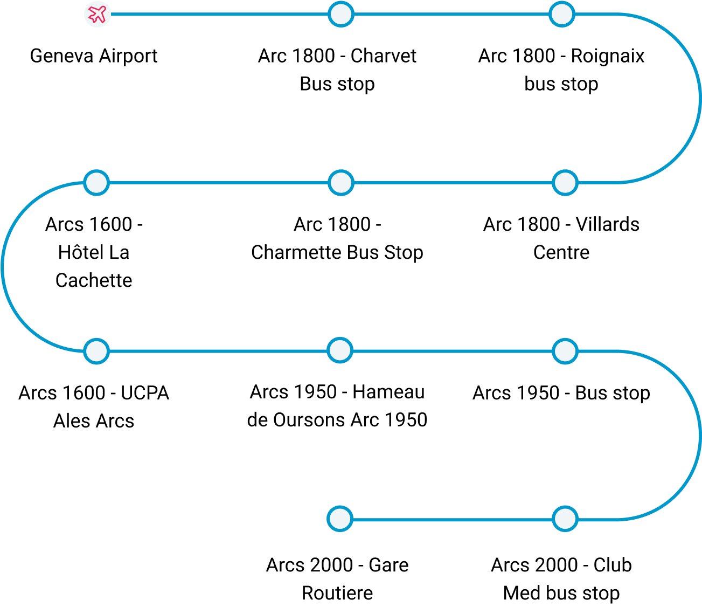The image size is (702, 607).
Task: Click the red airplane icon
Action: [97, 14]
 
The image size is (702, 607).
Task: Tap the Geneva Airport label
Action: [94, 56]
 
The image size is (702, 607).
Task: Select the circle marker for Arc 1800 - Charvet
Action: [341, 14]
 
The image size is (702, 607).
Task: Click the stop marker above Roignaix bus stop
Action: [562, 14]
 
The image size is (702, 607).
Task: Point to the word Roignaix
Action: [608, 56]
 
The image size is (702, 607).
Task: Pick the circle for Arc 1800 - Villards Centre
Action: [565, 183]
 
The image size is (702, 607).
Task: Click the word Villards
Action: [608, 224]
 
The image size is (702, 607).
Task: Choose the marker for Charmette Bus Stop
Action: [341, 183]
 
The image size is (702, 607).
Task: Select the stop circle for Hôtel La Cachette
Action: [96, 183]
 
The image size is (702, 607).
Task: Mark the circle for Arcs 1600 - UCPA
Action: [96, 351]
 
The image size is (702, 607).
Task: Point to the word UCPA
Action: [145, 393]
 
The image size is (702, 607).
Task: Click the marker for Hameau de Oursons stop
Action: [340, 350]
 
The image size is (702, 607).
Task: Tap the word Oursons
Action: [309, 420]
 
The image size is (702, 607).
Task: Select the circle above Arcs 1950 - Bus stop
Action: [565, 351]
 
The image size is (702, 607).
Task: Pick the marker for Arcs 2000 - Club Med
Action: [565, 519]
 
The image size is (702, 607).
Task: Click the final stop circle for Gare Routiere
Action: [340, 519]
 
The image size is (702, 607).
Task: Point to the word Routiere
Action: [337, 594]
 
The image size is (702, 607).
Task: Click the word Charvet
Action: [384, 56]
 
